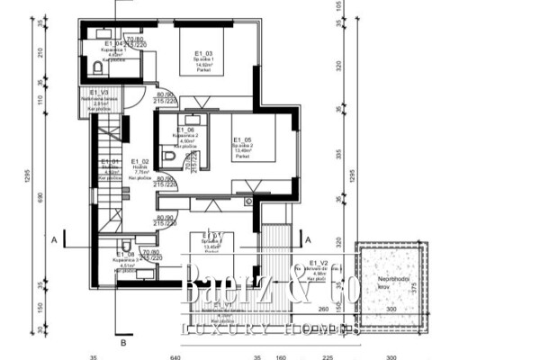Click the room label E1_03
pos(202,54)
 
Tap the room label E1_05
pos(241,140)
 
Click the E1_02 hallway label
pos(139,161)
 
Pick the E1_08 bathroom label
pos(127,256)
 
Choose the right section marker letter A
pos(309,240)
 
